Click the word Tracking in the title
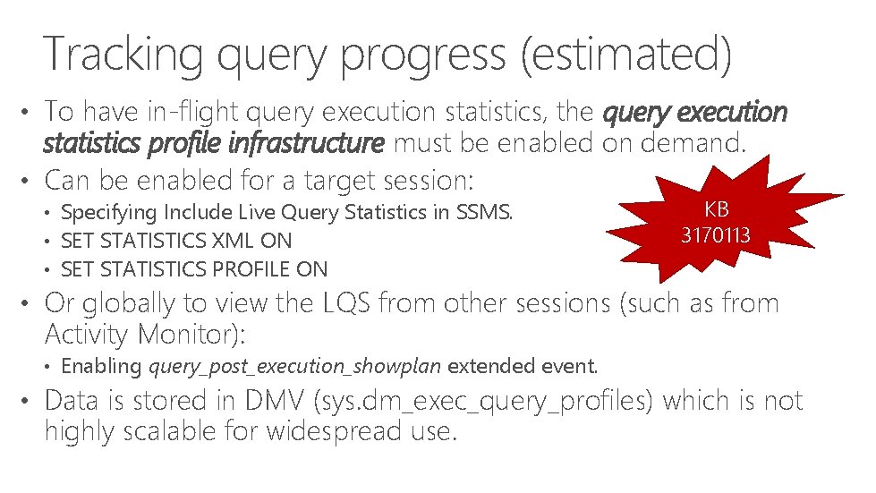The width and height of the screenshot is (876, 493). click(x=121, y=53)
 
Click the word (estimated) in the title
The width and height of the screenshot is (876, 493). click(x=625, y=53)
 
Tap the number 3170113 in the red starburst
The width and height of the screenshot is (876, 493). click(x=715, y=237)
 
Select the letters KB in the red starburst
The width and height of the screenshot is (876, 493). click(x=716, y=210)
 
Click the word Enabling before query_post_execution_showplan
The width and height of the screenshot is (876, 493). click(x=101, y=365)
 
